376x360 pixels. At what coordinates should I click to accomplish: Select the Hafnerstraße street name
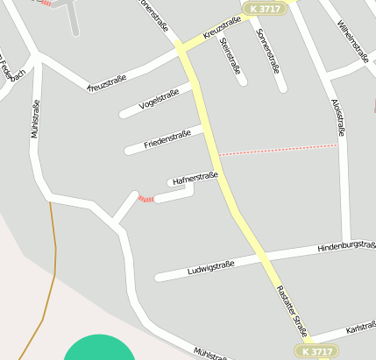tap(195, 179)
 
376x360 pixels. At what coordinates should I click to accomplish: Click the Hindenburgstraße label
tap(346, 249)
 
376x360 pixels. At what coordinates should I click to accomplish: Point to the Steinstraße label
tap(231, 51)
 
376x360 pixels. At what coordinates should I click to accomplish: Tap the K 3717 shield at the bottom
tap(314, 351)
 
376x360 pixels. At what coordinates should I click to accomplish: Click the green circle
tap(99, 349)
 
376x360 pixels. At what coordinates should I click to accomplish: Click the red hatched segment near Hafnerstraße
tap(146, 199)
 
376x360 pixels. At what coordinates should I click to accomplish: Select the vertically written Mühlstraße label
tap(36, 119)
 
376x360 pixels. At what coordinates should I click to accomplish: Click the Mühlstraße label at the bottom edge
tap(210, 352)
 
